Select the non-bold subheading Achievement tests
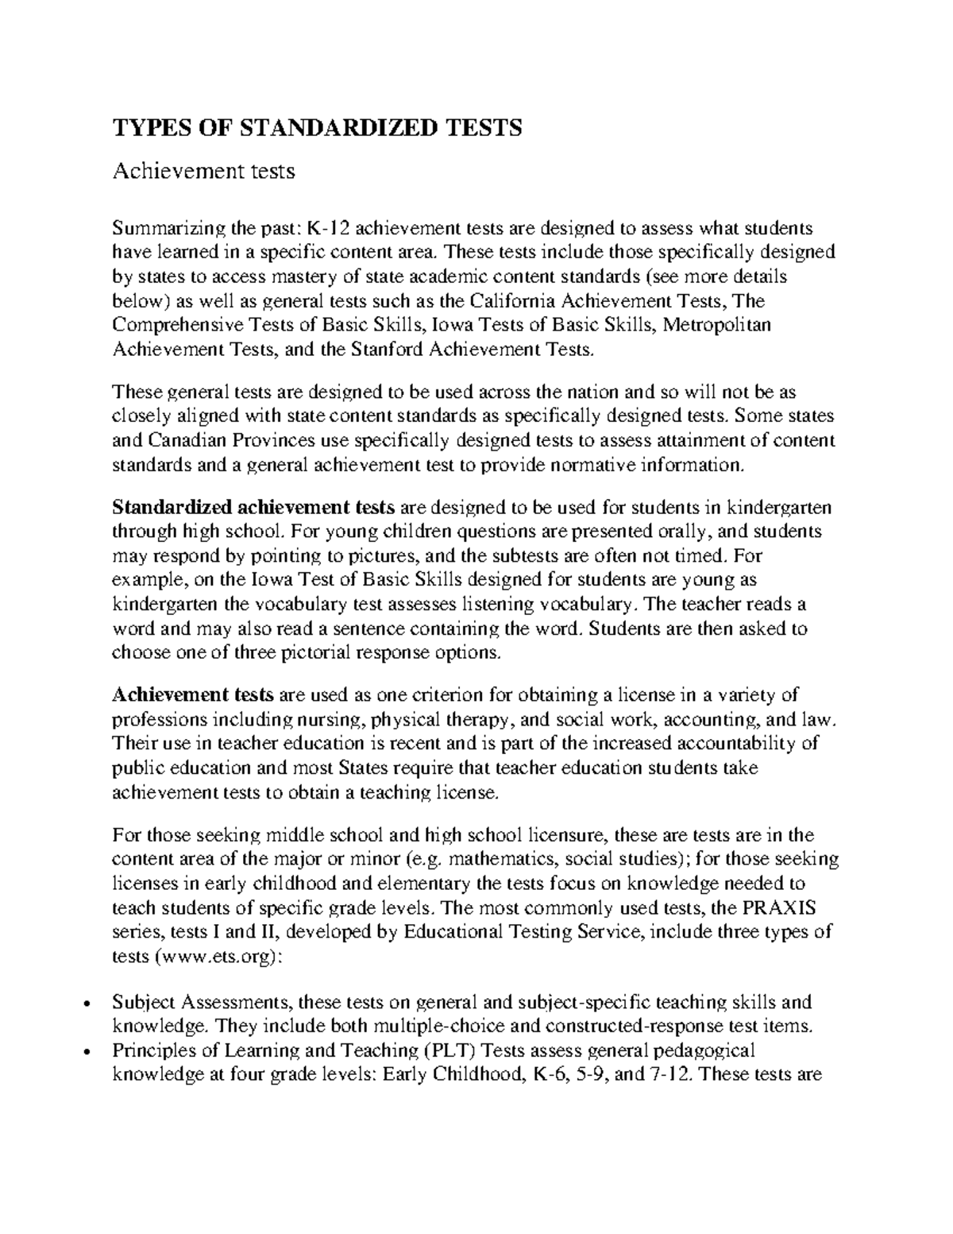click(x=204, y=170)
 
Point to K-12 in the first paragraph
click(x=327, y=229)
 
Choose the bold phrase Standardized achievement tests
click(x=254, y=507)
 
